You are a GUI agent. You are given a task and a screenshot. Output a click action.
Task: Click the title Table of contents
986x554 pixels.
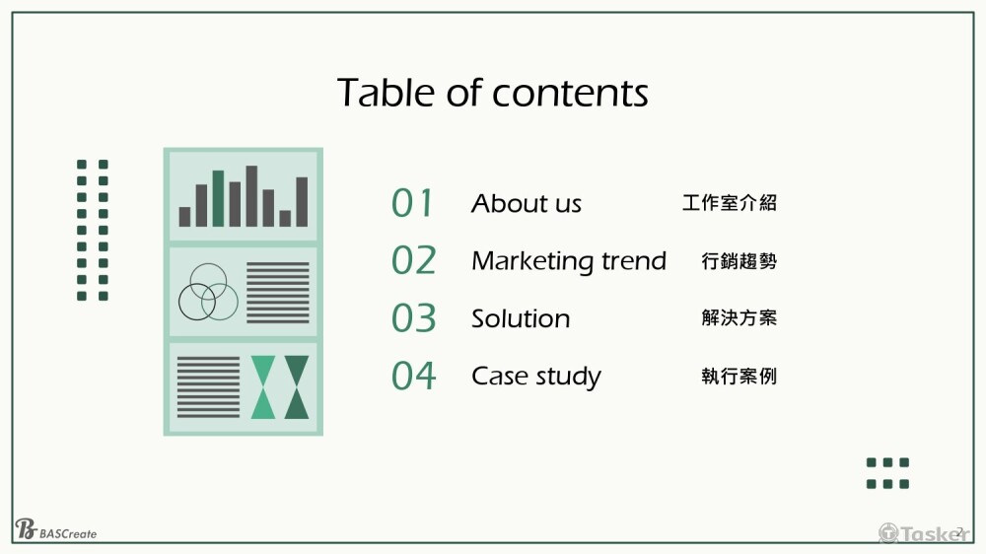point(492,93)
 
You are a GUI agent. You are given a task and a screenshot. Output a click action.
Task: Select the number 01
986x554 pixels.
point(412,203)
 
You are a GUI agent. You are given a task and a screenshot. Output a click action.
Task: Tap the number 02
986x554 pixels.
point(413,260)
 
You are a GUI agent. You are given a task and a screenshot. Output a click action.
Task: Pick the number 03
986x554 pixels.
point(413,318)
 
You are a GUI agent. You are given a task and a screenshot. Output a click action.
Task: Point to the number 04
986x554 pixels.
point(413,376)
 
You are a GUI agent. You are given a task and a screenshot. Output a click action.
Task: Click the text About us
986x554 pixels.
point(527,203)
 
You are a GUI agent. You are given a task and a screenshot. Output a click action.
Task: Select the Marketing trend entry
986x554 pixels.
point(569,261)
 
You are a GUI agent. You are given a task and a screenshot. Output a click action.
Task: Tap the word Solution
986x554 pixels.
point(521,318)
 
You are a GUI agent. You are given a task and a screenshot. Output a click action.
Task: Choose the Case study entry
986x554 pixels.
point(535,377)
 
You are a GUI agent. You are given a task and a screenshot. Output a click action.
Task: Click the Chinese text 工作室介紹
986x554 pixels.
point(730,202)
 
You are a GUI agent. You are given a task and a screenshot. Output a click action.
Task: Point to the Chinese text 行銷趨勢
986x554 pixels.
point(739,260)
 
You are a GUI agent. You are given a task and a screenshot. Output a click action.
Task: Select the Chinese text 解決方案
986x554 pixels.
point(739,317)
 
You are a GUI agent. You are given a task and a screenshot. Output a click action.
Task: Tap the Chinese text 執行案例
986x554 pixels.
point(739,376)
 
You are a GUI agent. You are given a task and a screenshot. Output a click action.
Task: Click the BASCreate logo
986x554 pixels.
point(55,529)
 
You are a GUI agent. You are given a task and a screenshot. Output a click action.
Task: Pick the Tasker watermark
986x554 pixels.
point(924,533)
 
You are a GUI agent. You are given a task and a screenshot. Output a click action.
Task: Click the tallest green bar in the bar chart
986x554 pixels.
point(218,198)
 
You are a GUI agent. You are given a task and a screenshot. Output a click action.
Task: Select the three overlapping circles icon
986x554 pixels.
point(208,293)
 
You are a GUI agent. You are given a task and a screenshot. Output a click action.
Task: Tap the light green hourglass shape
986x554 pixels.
point(263,386)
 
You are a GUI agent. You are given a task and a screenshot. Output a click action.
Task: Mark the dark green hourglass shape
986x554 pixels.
point(296,386)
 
